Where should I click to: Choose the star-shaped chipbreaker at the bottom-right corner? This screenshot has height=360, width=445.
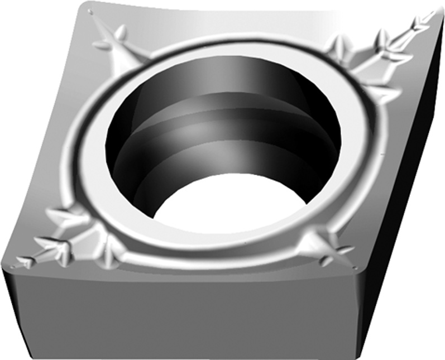pos(324,246)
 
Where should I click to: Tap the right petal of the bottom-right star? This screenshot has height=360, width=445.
pos(342,251)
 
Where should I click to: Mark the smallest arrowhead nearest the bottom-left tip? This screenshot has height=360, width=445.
pos(25,260)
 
